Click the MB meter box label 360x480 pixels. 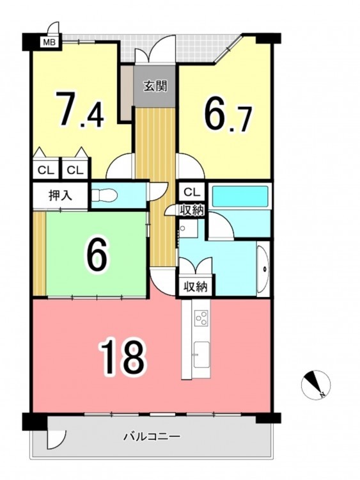pos(49,42)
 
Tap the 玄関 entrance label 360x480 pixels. pos(155,86)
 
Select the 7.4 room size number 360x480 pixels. pos(80,108)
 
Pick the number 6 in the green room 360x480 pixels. pos(95,255)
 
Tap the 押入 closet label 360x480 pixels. pos(60,196)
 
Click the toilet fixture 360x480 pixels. pos(105,195)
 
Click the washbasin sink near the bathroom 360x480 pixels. pos(263,269)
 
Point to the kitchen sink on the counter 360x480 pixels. pos(201,354)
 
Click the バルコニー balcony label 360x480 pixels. pos(152,436)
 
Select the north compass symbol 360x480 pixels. pos(316,384)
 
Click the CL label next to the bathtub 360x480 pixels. pos(192,192)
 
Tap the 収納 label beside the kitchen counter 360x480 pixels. pos(196,287)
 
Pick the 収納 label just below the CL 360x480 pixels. pos(191,211)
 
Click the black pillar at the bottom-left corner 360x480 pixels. pos(35,422)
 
